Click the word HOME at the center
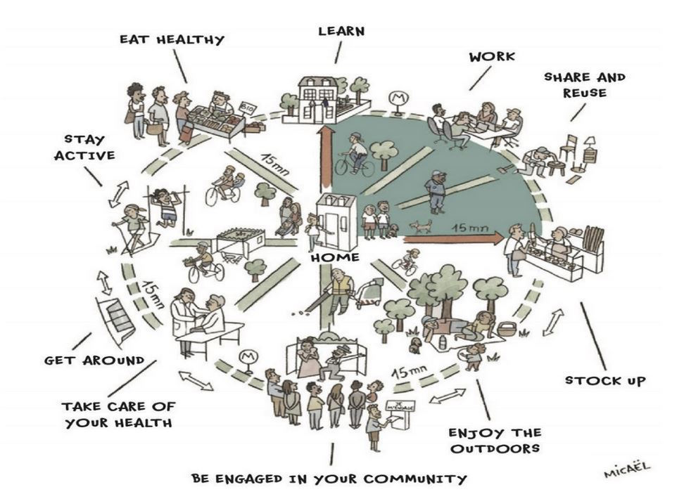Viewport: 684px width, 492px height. click(335, 258)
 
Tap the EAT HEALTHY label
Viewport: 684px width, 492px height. click(171, 39)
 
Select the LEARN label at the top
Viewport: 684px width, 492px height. click(341, 31)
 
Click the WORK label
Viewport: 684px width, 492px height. click(492, 56)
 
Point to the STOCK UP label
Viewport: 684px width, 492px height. click(605, 381)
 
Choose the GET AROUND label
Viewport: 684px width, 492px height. click(94, 361)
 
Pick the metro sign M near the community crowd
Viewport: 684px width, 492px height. click(247, 356)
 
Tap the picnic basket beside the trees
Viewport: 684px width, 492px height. click(506, 328)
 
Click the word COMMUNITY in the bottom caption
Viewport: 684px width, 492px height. click(417, 478)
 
